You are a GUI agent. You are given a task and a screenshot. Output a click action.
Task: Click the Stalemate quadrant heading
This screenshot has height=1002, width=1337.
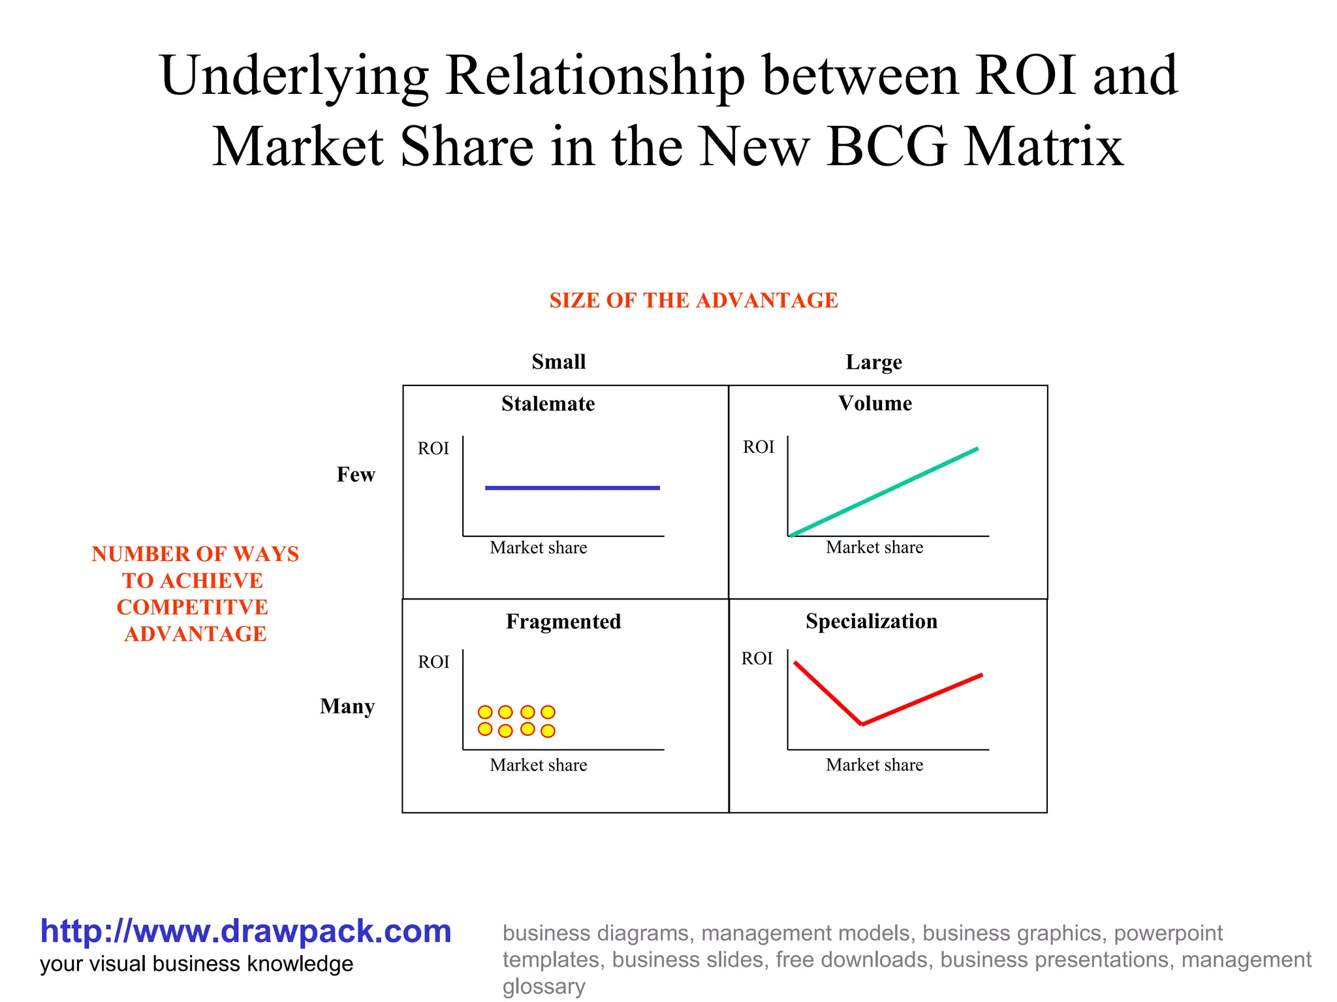[548, 404]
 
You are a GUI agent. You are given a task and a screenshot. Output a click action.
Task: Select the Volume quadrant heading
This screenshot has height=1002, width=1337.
[875, 403]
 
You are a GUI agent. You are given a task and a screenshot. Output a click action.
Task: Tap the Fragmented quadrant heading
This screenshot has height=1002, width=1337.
[563, 622]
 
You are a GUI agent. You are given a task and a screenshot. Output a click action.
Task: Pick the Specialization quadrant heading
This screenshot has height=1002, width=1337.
[871, 621]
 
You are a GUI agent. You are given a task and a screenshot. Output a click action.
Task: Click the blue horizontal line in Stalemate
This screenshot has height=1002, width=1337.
[572, 487]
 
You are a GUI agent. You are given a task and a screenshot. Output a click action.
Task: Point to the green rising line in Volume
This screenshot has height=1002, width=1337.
[884, 493]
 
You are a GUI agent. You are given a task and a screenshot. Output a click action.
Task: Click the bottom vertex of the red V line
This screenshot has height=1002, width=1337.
[862, 724]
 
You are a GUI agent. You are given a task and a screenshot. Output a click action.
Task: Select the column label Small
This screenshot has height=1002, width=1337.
[558, 361]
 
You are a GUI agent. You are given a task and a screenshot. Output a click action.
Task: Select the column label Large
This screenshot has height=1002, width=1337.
[873, 362]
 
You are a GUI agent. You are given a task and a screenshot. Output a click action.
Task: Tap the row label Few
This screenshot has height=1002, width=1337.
[356, 474]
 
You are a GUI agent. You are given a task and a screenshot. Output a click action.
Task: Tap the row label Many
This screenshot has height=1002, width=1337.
[347, 706]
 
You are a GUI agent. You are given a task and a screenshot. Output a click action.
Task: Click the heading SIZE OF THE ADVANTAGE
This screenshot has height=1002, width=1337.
[693, 300]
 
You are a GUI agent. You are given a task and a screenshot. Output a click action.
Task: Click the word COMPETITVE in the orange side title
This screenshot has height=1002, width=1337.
[193, 607]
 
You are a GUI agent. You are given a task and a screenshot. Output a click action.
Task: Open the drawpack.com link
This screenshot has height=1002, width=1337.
[245, 931]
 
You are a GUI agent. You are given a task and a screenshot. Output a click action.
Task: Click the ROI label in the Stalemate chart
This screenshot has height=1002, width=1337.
[433, 448]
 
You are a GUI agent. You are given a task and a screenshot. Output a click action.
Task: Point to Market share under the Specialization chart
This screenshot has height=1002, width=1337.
[874, 765]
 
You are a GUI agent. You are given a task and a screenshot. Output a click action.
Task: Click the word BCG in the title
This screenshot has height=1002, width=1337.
[887, 147]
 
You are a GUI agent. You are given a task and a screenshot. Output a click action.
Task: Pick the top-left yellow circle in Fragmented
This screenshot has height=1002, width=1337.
[485, 712]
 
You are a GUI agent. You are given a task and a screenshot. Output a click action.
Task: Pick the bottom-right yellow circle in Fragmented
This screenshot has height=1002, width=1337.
[548, 731]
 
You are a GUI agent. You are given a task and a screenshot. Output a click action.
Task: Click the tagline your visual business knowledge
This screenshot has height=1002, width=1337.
[197, 964]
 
